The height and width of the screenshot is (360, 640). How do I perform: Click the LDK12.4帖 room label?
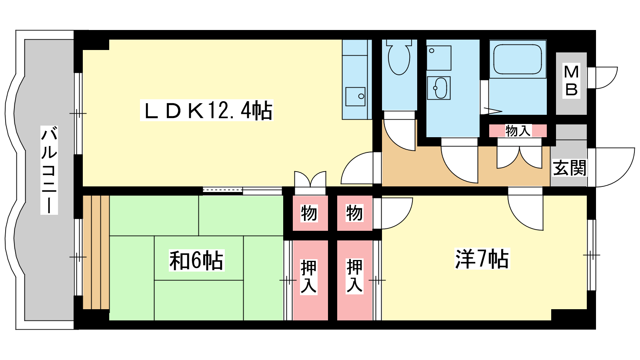tap(206, 110)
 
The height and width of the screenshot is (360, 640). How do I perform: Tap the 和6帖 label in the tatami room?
tap(196, 260)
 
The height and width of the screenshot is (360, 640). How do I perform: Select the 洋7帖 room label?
tap(482, 259)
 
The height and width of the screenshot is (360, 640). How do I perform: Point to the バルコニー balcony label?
tap(49, 170)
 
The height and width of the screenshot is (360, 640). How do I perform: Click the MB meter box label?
tap(572, 80)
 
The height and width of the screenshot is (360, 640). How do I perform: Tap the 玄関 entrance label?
tap(570, 168)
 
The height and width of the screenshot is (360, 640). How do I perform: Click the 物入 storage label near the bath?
tap(518, 131)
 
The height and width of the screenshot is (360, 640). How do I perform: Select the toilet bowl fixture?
tap(399, 58)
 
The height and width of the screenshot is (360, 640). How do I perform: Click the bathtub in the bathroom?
tap(518, 59)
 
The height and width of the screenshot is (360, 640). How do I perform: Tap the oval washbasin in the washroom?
tap(439, 88)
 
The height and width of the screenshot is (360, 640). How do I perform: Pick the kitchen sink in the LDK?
tap(355, 96)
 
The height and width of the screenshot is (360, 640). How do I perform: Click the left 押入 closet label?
tap(309, 276)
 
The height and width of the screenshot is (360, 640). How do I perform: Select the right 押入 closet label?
tap(354, 276)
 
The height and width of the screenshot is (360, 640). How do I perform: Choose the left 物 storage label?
tap(309, 213)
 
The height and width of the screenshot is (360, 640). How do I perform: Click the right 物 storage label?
tap(354, 213)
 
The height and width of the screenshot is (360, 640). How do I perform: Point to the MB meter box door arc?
tap(603, 78)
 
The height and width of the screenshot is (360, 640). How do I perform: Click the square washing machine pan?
tap(439, 58)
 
